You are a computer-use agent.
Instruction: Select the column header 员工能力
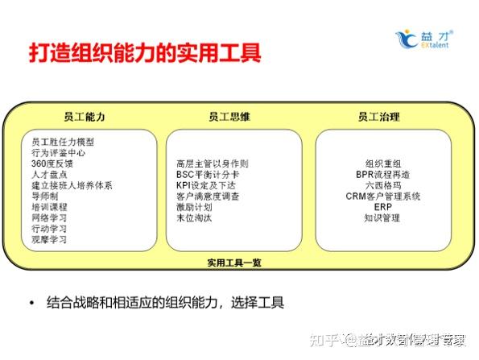point(85,117)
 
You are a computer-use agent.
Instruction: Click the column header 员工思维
point(229,117)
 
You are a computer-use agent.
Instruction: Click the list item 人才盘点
point(49,174)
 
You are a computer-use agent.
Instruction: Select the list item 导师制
point(45,196)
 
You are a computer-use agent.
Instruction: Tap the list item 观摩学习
point(49,239)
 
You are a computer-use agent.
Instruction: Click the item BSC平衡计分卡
point(207,174)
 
